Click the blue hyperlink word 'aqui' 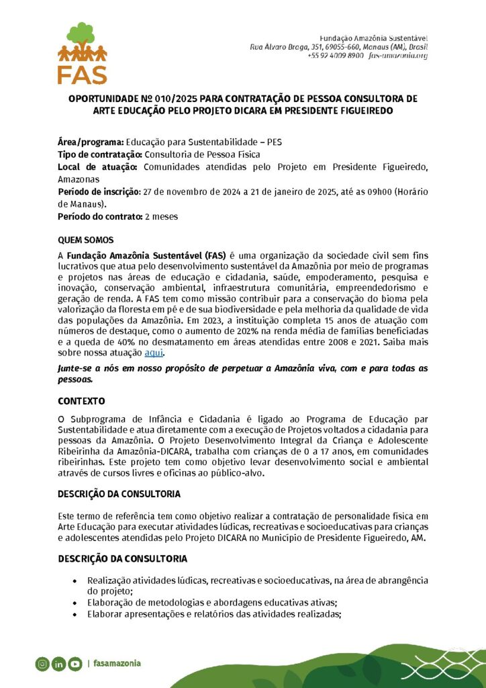(154, 352)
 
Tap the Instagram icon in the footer (42, 664)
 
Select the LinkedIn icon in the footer (58, 664)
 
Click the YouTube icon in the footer (75, 664)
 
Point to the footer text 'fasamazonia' (117, 663)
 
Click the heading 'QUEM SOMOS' (86, 240)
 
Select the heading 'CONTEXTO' (81, 401)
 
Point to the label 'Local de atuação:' (98, 167)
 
